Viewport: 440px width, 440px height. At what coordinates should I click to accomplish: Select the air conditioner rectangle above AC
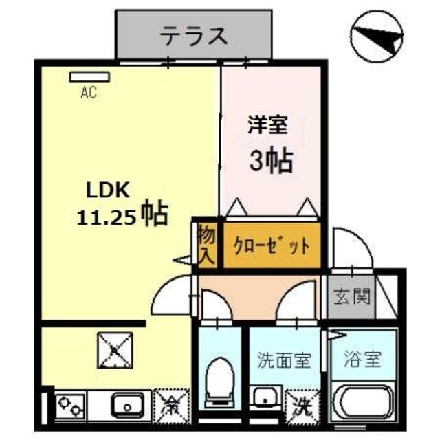tap(83, 77)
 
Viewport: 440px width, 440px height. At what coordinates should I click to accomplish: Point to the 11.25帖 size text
tap(122, 215)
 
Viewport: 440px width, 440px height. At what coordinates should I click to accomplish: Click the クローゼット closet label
tap(271, 245)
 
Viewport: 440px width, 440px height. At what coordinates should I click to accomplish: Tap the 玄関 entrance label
tap(353, 297)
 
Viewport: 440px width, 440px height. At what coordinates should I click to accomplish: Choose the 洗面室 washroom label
tap(284, 360)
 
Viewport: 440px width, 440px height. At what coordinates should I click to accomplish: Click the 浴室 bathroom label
tap(362, 359)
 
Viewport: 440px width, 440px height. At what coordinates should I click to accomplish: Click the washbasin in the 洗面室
tap(264, 399)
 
